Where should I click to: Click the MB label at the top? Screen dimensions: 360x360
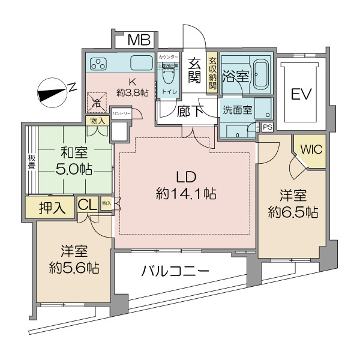[139, 40]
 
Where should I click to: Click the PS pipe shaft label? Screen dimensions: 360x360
[267, 127]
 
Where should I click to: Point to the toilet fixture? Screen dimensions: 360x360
[168, 76]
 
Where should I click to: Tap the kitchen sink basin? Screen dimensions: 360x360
[142, 62]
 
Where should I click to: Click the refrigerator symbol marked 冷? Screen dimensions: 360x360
[98, 101]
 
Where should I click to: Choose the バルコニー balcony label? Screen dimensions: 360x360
[175, 272]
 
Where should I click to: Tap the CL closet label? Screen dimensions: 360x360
[88, 206]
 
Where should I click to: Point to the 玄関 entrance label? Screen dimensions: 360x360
[194, 70]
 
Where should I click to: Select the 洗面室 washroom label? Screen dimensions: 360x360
[238, 110]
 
